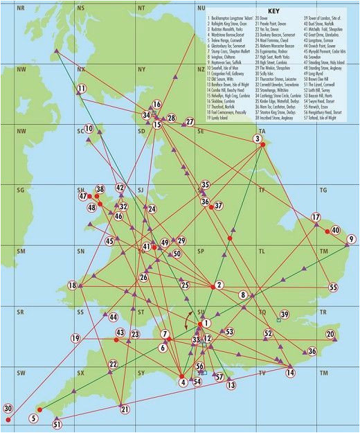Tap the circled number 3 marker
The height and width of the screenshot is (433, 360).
coord(258,139)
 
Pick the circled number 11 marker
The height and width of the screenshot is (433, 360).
coord(81,89)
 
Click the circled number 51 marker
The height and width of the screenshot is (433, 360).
coord(57,424)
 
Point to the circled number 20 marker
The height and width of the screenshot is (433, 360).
coord(330,335)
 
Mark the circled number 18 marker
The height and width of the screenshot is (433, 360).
coord(72,285)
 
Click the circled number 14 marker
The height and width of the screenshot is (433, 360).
coord(291,373)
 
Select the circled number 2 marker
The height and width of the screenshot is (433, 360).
coord(219,285)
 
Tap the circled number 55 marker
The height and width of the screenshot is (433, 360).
coord(333,287)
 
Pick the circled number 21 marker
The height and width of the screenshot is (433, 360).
coord(125,409)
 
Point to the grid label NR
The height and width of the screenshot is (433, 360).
coord(20,8)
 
